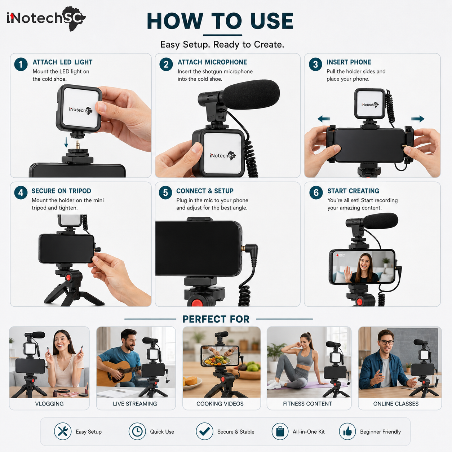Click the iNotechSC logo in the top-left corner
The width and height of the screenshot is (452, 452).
coord(46,18)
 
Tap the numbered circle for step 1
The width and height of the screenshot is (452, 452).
coord(21,64)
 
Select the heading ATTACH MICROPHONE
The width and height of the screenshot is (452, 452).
coord(212,62)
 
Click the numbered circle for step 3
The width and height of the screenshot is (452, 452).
coord(315,64)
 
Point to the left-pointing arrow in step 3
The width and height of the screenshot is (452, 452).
coord(324,119)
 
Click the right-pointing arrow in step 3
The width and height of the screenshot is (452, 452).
coord(418,119)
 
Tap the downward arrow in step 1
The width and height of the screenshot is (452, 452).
coord(66,142)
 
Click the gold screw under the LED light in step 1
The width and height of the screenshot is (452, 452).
coord(77,145)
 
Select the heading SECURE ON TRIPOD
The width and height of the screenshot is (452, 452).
coord(61,191)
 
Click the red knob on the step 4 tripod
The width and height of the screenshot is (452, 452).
coord(68,278)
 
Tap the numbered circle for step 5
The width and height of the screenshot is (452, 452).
coord(165,193)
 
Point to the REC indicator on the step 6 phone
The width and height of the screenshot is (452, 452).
coord(341,255)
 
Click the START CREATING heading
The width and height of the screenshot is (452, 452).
coord(353,191)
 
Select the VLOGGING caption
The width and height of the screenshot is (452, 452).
coord(49,404)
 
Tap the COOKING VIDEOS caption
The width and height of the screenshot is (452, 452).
coord(220,404)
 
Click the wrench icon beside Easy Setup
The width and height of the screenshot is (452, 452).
coord(63,431)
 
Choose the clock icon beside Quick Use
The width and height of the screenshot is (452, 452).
coord(137,431)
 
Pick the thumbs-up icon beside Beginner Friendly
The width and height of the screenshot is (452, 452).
coord(347,431)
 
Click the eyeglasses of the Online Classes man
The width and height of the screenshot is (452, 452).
coord(386,342)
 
